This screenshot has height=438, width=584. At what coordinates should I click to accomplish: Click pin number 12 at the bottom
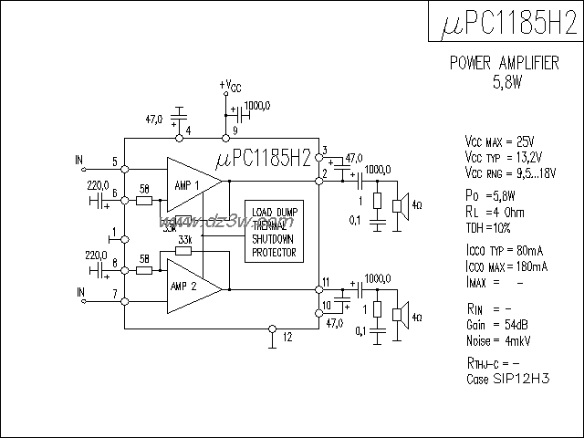click(287, 338)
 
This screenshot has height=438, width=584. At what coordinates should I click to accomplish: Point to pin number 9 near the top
click(235, 131)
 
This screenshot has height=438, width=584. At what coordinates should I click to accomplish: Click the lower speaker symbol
click(400, 317)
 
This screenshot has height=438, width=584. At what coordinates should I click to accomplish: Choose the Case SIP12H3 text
click(506, 377)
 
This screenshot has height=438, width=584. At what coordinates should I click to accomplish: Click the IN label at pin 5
click(79, 160)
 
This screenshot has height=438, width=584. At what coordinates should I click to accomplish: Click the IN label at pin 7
click(79, 292)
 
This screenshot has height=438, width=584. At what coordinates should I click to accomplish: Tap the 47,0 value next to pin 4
click(154, 119)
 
